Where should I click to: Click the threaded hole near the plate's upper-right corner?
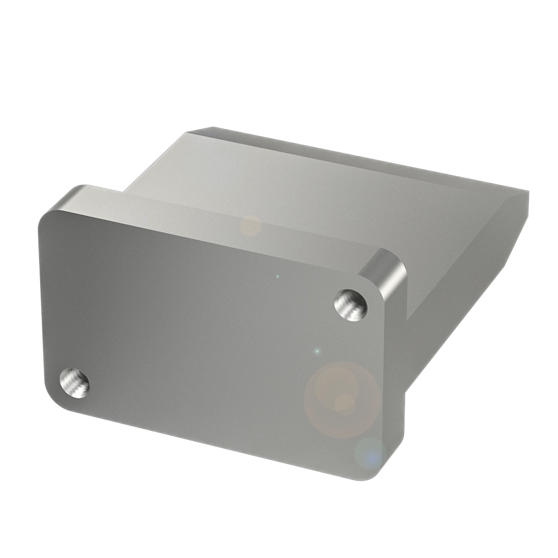pyautogui.click(x=350, y=305)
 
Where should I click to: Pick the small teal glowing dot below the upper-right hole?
pyautogui.click(x=317, y=352)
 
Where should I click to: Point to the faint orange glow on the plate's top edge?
pyautogui.click(x=251, y=226)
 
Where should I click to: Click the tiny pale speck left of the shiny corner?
pyautogui.click(x=277, y=276)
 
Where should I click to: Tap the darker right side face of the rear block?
pyautogui.click(x=463, y=279)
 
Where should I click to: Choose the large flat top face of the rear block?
pyautogui.click(x=312, y=190)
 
